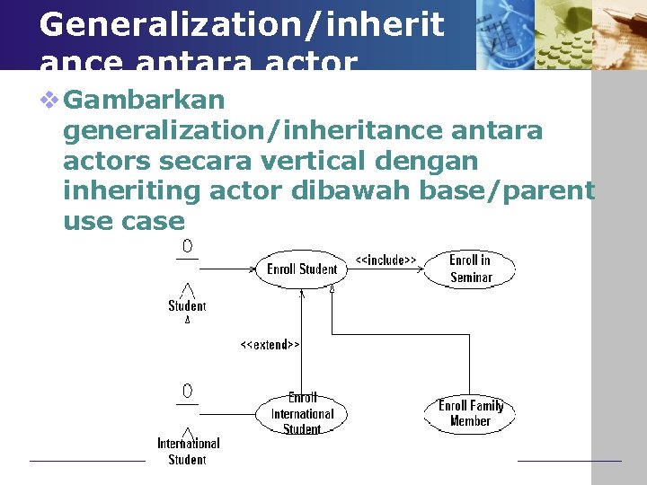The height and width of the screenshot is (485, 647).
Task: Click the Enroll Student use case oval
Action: (301, 269)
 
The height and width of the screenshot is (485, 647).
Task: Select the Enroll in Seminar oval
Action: (470, 269)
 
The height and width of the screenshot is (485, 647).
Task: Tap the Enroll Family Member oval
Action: (470, 413)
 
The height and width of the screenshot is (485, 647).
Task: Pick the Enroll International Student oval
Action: (302, 414)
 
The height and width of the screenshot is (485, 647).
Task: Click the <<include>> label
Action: (386, 260)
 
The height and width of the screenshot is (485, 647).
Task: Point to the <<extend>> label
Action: (270, 344)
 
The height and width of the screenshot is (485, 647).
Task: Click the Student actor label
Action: (187, 306)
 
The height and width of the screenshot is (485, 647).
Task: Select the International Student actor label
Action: (188, 451)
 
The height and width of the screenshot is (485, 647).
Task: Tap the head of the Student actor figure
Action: (187, 246)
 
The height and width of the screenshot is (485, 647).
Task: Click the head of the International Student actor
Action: (187, 391)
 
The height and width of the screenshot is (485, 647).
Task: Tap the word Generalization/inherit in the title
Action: (241, 24)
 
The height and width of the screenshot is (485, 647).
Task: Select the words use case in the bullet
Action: (123, 220)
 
